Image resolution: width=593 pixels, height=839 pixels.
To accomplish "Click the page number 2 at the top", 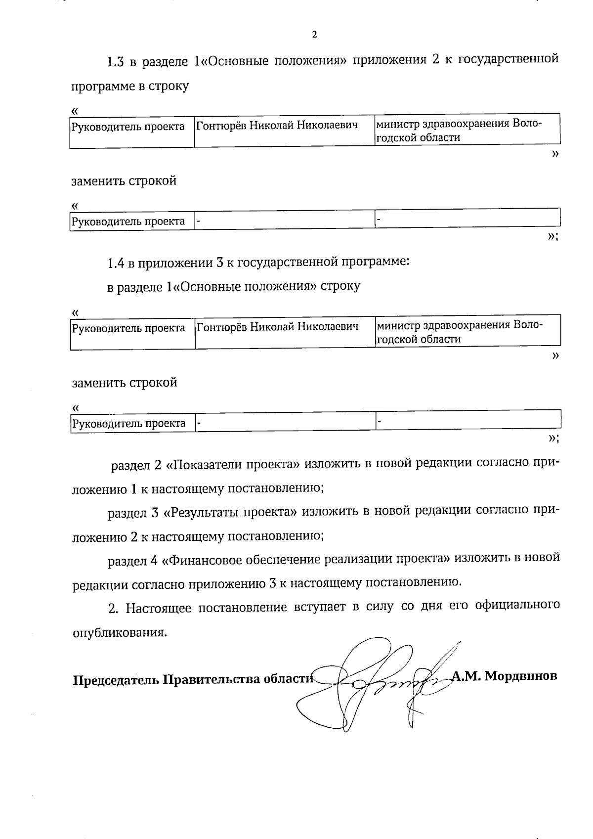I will [x=314, y=34].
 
